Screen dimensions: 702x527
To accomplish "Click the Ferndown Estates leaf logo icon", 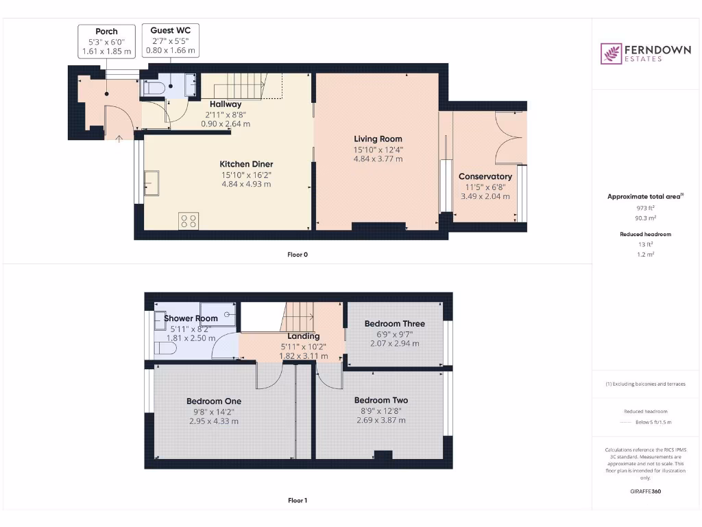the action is tap(611, 54).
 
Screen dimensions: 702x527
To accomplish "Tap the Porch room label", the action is tap(106, 32).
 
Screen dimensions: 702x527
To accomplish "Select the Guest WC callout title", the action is tap(171, 30).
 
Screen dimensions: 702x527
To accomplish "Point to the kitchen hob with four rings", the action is tap(189, 221).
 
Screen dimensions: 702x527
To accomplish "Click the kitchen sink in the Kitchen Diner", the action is tap(152, 183).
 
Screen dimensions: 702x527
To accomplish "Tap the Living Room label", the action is tap(378, 139).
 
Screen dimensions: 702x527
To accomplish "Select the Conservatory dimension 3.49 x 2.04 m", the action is tap(485, 196).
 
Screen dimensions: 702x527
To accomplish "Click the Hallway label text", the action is tap(226, 104).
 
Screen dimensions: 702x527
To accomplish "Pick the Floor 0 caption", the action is tap(298, 255).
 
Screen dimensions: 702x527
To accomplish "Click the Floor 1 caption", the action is tap(298, 500).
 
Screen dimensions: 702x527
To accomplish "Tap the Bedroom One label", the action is tap(214, 401).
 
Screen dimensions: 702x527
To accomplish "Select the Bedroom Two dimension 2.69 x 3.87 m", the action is tap(381, 421).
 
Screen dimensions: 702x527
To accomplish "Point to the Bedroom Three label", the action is tap(394, 324).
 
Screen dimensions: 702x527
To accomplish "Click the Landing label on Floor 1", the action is tap(304, 336).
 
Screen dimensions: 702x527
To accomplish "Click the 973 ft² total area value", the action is tap(646, 207).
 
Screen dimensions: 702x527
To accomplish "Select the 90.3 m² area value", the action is tap(646, 218).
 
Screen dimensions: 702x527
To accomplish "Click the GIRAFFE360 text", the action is tap(646, 491).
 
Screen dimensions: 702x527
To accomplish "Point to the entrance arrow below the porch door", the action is tap(119, 139).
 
